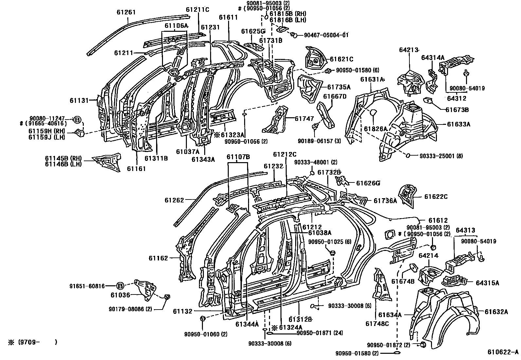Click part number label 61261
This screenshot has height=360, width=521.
coord(126,12)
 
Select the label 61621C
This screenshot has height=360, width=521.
coord(341,59)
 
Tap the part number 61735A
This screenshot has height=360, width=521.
coord(339,87)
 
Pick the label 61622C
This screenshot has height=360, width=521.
coord(436,197)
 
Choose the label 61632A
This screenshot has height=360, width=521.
coord(496,312)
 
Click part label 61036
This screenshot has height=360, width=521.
coord(120,295)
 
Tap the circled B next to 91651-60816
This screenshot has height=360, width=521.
coord(120,286)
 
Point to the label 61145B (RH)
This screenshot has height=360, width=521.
coord(63,158)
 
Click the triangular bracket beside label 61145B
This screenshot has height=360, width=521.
coord(107,161)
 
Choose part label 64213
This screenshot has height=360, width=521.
coord(409,50)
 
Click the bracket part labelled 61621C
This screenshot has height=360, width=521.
coord(315,59)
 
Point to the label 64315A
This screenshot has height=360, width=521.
coord(487,283)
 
